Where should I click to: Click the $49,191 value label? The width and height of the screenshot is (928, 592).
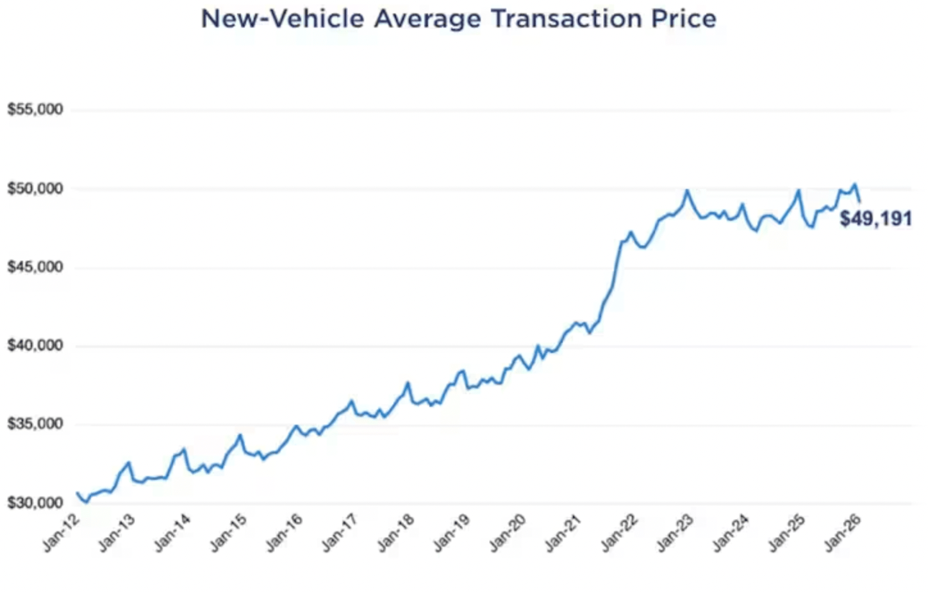[875, 219]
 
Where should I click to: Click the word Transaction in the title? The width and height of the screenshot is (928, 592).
[567, 19]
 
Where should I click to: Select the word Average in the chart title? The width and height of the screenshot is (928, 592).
[427, 19]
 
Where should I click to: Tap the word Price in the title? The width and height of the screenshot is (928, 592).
[684, 19]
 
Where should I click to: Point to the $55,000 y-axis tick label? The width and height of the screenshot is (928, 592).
[35, 110]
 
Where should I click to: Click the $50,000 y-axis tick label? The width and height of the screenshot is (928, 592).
[35, 188]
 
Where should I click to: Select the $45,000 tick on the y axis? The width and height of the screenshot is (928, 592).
[35, 267]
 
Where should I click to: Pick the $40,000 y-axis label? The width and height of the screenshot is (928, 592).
[35, 346]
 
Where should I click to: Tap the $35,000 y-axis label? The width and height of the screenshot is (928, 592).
[35, 424]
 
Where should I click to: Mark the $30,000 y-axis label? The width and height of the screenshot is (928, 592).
[35, 503]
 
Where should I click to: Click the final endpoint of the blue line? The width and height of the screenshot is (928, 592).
[859, 201]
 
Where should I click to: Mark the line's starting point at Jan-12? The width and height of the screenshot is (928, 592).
[77, 493]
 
